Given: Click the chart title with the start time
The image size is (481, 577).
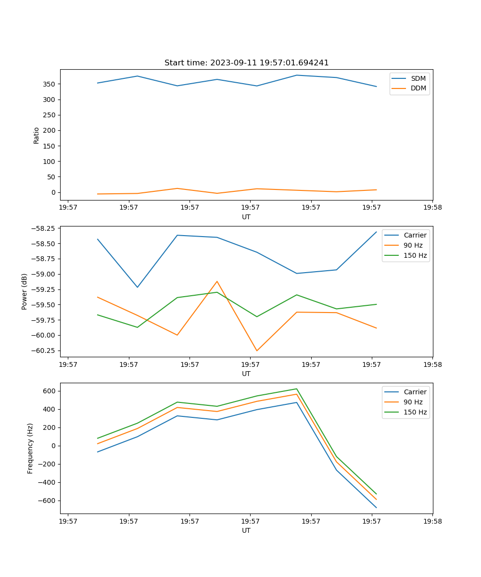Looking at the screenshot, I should pos(246,63).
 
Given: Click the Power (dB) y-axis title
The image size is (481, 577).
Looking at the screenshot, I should pos(25,291).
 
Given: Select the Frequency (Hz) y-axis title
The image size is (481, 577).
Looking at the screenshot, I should pos(30,448).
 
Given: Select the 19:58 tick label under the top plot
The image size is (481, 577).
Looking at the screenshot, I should pos(432,207).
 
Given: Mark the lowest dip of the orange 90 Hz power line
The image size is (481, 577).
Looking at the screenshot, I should pos(256,351).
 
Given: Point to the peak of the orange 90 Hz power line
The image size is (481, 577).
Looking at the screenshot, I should pos(217,281).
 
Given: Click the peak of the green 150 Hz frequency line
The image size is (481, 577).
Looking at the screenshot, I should pos(296,389).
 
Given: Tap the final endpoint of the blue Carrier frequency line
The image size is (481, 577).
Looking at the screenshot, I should pos(376,508).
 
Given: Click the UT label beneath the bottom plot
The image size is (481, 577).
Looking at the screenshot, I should pos(246,530).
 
